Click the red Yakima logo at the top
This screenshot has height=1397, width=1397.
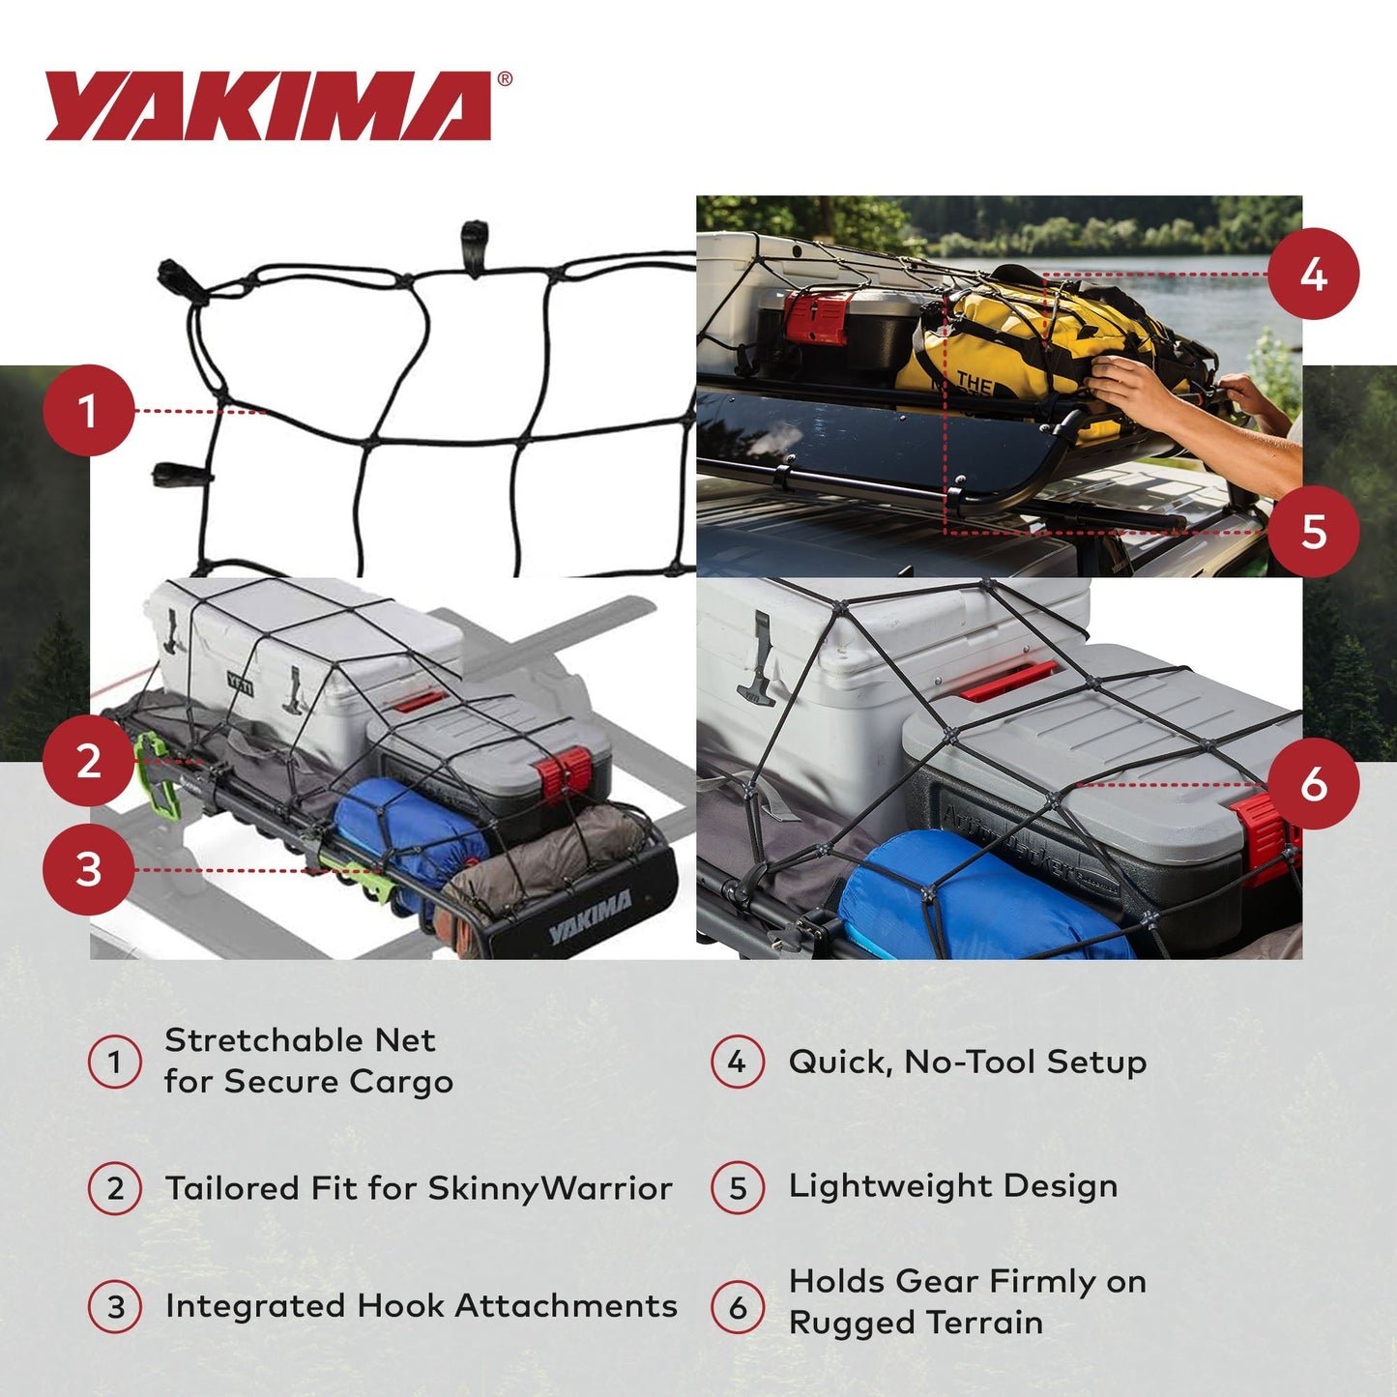point(269,106)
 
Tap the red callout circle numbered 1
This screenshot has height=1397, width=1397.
point(88,411)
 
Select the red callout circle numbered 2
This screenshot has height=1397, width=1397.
point(88,761)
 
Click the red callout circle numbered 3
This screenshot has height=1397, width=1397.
point(88,869)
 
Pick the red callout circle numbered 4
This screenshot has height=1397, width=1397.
point(1313,275)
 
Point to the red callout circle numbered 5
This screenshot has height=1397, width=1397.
point(1313,532)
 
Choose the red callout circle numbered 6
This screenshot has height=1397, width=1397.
point(1313,784)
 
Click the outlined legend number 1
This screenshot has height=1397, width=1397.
point(115,1062)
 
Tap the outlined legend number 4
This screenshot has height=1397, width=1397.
point(738,1062)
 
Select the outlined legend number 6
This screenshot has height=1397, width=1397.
point(738,1307)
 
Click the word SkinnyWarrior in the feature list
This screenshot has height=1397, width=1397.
point(549,1188)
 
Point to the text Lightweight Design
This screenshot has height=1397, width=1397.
point(952,1186)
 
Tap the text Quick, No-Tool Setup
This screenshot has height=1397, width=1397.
point(967,1062)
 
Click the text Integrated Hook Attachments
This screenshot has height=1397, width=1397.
point(421,1306)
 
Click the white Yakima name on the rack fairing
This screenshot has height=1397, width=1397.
point(590,917)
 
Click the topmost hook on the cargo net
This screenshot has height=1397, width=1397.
point(474,235)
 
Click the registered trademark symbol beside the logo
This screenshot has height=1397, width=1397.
point(505,80)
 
